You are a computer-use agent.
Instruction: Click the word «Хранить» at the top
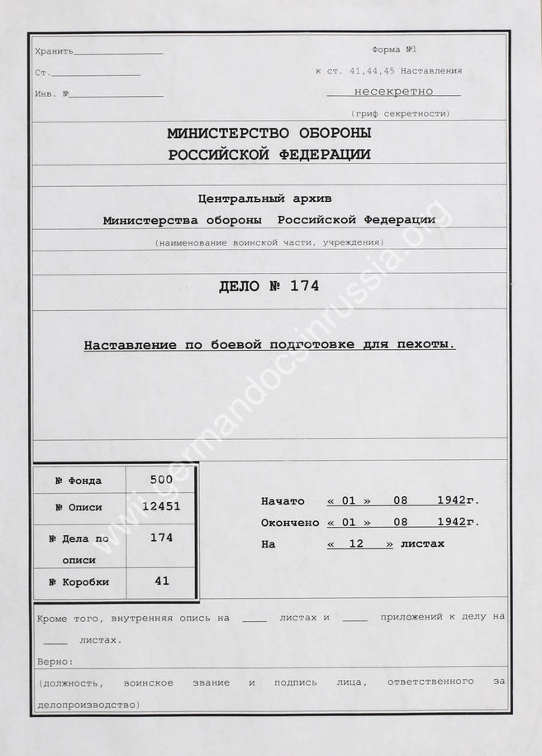pos(55,51)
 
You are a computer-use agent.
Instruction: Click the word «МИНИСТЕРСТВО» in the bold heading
pos(221,133)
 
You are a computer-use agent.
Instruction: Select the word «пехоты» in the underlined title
pos(432,345)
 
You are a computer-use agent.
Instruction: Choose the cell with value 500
pos(161,479)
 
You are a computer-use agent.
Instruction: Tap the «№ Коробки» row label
pos(78,581)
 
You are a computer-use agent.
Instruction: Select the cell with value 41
pos(161,581)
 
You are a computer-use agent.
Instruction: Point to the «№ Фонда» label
pos(78,481)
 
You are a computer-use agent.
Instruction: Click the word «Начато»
pos(283,501)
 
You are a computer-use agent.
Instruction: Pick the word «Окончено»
pos(289,523)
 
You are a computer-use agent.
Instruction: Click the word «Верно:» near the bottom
pos(55,663)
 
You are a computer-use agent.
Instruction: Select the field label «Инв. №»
pos(52,93)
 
